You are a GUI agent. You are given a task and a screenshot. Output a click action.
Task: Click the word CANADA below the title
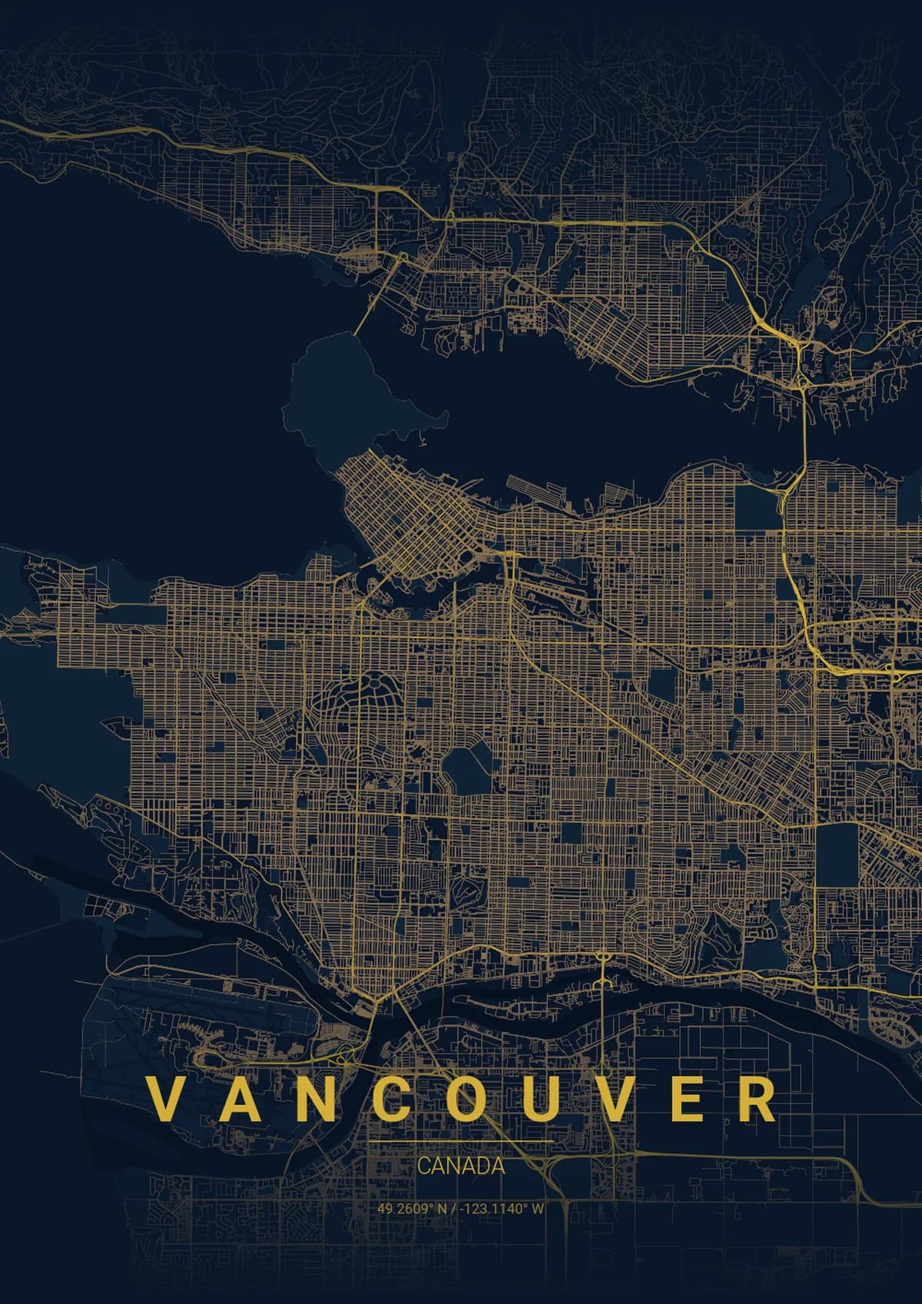(461, 1166)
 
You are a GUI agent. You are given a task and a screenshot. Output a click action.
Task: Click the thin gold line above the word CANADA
(461, 1143)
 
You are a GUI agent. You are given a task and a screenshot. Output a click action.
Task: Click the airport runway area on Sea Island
(223, 1014)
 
